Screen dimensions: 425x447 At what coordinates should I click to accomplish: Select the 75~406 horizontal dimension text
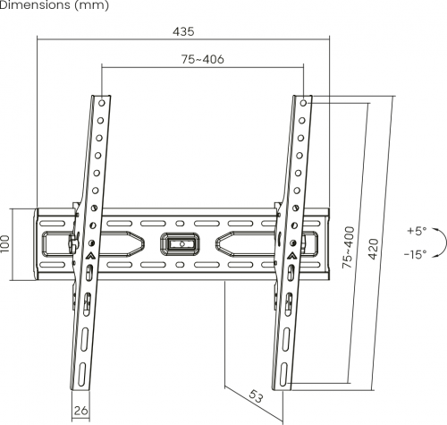click(201, 59)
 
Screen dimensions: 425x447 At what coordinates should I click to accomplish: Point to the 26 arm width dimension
click(80, 412)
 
